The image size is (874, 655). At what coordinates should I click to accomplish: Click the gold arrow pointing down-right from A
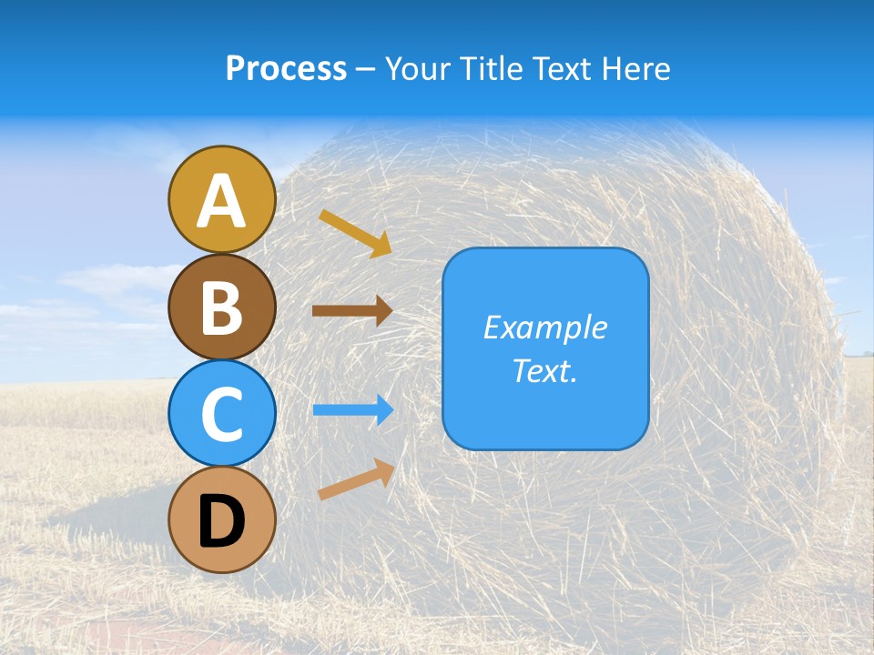(x=355, y=233)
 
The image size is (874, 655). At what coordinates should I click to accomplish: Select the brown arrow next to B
(x=352, y=311)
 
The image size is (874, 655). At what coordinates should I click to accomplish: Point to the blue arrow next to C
(x=352, y=409)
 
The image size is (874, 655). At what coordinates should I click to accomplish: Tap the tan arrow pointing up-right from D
(x=356, y=479)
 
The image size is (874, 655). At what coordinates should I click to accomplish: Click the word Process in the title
(x=286, y=68)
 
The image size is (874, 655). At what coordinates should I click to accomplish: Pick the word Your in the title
(x=419, y=68)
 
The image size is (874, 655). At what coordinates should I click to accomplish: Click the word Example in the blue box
(x=544, y=327)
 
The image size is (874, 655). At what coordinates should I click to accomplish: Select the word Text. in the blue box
(x=544, y=370)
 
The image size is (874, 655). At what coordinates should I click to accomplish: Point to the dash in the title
(x=365, y=69)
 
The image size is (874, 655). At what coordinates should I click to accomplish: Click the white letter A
(x=222, y=201)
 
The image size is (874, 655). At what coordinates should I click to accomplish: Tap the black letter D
(x=222, y=522)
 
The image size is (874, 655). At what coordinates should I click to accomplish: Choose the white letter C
(x=222, y=415)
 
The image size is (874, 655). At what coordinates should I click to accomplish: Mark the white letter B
(x=222, y=307)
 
